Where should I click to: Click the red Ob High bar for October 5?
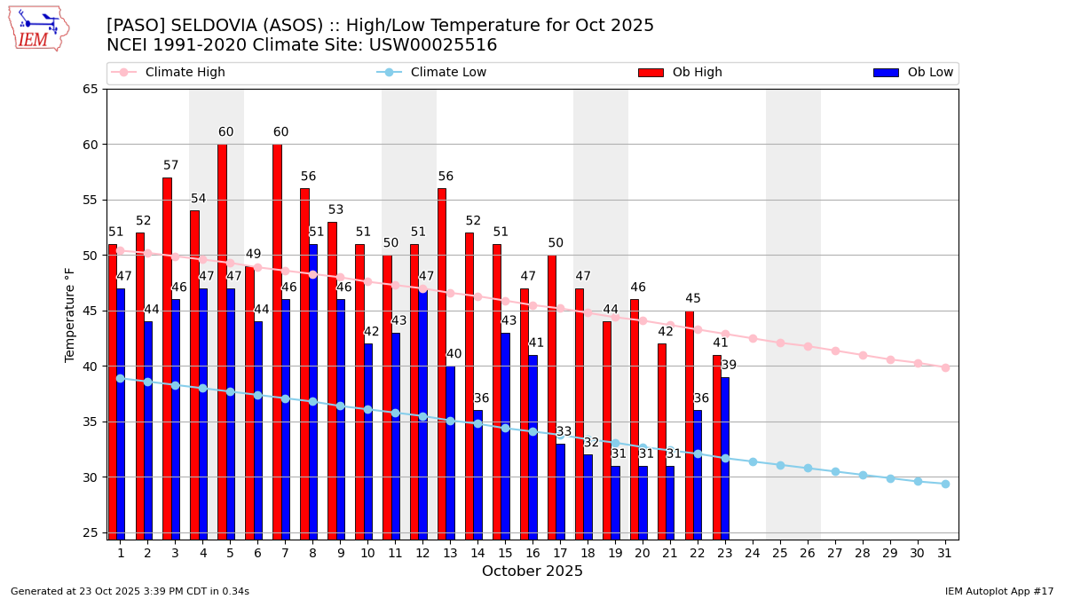[222, 342]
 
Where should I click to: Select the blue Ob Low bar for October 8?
[313, 390]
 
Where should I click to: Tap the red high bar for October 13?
[442, 364]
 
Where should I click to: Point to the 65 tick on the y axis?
[91, 89]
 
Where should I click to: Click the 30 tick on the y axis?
[91, 477]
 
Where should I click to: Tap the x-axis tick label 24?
[753, 553]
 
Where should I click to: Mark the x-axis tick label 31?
[945, 553]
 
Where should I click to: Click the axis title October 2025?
[532, 571]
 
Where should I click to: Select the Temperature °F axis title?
[71, 314]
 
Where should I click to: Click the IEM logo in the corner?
[38, 28]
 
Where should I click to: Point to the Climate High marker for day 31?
[945, 367]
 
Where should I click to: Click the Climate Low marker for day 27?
[835, 471]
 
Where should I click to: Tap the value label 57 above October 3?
[171, 166]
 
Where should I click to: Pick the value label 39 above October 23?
[729, 366]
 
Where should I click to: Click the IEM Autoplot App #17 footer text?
[998, 591]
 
